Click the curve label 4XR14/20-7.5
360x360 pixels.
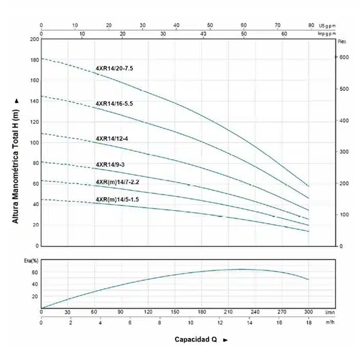[x=114, y=68]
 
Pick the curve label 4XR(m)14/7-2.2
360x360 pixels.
[x=117, y=182]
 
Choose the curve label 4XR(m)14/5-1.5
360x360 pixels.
[x=117, y=199]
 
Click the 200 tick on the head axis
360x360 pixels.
[x=34, y=39]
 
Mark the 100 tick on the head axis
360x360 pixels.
[x=34, y=142]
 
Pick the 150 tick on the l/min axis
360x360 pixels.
[x=175, y=312]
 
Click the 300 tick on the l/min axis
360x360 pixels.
[x=309, y=312]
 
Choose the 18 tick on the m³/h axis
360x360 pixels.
[x=309, y=322]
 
